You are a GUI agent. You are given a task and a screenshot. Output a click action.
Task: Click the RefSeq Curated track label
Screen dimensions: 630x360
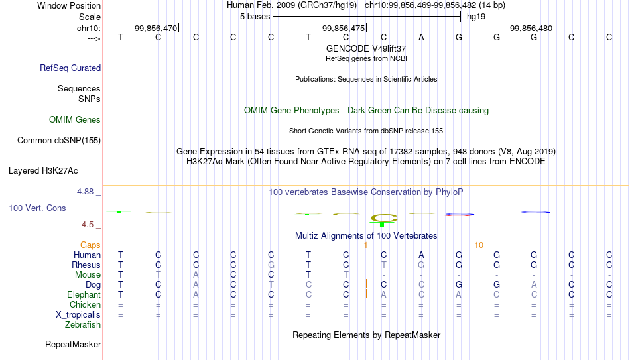[x=70, y=68]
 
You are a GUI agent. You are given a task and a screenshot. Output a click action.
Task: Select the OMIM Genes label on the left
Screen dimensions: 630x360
[x=75, y=120]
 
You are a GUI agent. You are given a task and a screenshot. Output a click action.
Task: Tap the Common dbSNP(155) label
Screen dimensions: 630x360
[x=59, y=141]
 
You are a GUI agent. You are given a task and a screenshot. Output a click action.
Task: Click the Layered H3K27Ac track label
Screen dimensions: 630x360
[x=43, y=171]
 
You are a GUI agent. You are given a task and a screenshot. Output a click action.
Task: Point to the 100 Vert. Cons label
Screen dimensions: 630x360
[x=37, y=208]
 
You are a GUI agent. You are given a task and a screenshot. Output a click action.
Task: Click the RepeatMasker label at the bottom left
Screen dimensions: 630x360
[x=73, y=344]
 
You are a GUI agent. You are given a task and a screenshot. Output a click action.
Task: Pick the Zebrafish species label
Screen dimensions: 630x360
[x=83, y=324]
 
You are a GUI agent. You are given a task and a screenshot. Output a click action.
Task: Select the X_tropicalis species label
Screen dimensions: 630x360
[x=78, y=315]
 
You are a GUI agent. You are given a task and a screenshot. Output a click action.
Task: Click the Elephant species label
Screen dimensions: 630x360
[x=84, y=294]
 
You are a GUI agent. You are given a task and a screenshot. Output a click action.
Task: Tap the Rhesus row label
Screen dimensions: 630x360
[x=86, y=265]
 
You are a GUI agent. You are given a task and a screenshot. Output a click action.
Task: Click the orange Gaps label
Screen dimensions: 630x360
[x=90, y=245]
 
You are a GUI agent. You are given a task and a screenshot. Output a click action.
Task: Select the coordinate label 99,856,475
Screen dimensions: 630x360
[x=344, y=28]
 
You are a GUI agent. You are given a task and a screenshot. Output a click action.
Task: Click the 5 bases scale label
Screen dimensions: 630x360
[x=255, y=17]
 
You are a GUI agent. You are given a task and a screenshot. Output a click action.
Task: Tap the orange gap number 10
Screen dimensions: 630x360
[x=479, y=245]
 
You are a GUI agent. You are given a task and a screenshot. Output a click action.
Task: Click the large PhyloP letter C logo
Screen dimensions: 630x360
[x=384, y=218]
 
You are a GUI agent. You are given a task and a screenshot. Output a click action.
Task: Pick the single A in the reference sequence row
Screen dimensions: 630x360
[x=421, y=37]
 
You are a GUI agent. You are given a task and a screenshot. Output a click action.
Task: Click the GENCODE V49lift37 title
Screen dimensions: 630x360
[x=366, y=48]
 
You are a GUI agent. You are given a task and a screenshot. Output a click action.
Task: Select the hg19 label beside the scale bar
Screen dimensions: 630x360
[x=476, y=17]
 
